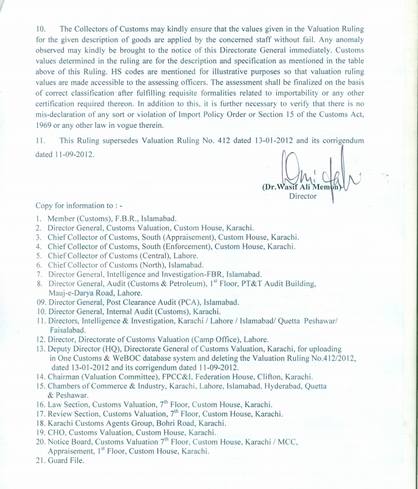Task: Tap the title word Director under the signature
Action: point(303,196)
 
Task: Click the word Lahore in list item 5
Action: point(184,255)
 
